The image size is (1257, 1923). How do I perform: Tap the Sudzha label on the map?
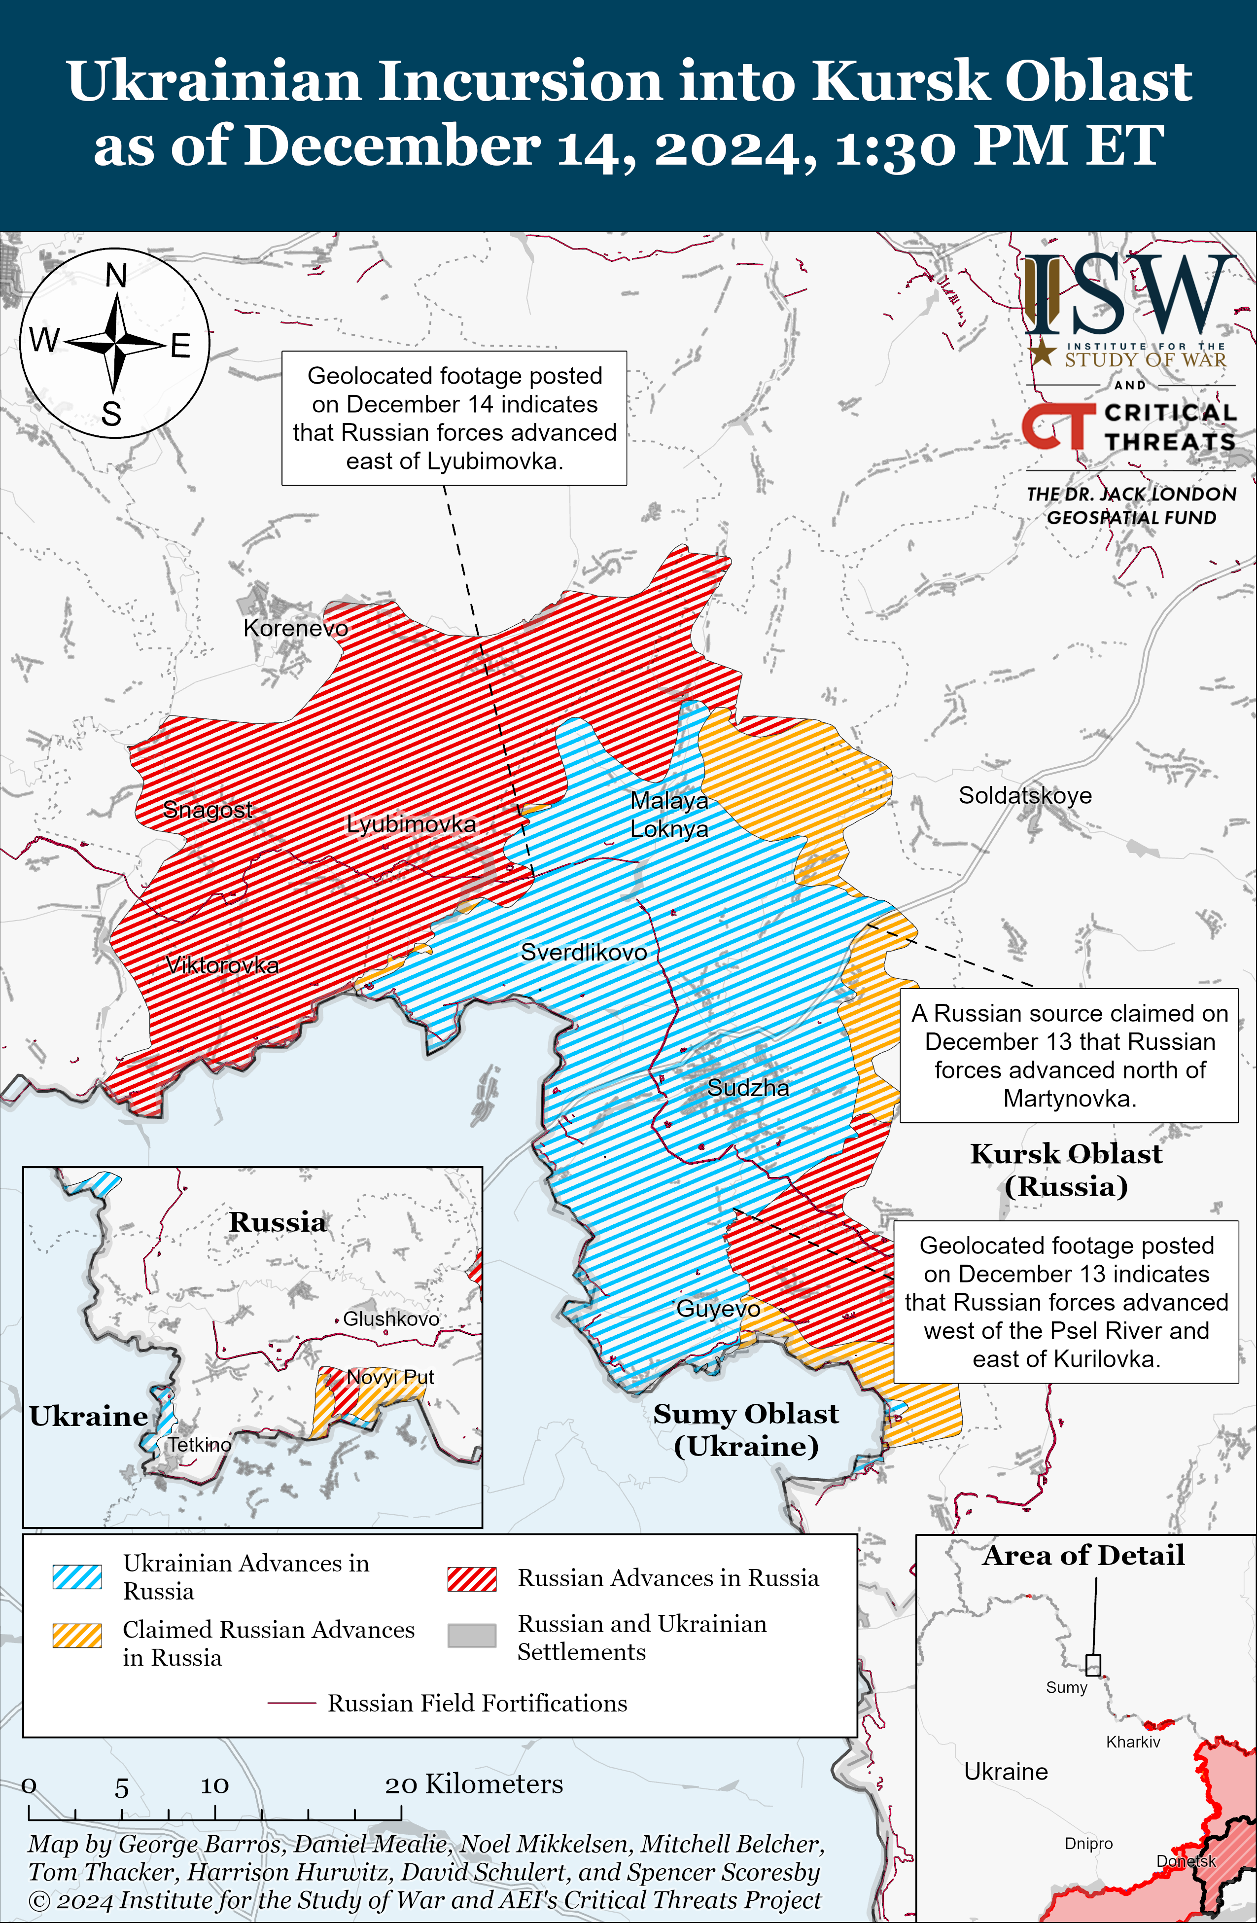click(748, 1088)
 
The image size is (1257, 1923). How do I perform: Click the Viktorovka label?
click(222, 965)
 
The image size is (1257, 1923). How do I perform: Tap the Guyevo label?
click(717, 1309)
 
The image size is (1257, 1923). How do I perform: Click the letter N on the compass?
click(116, 276)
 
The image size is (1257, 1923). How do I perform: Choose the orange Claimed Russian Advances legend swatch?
click(77, 1635)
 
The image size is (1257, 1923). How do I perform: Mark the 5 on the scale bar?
click(122, 1788)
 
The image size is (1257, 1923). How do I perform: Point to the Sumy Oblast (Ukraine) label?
click(746, 1429)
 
